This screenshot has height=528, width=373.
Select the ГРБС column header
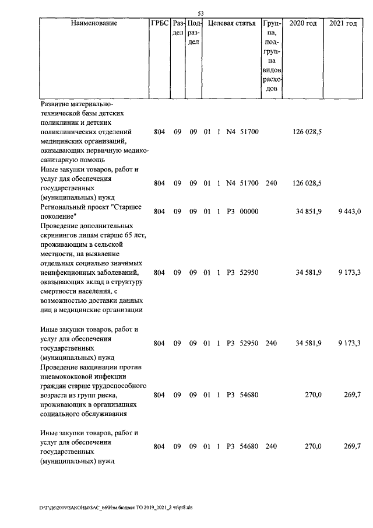click(x=159, y=23)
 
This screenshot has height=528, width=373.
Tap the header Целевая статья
click(x=232, y=23)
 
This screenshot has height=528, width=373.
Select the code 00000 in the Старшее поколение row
click(x=249, y=212)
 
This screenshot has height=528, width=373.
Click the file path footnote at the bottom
click(x=116, y=508)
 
